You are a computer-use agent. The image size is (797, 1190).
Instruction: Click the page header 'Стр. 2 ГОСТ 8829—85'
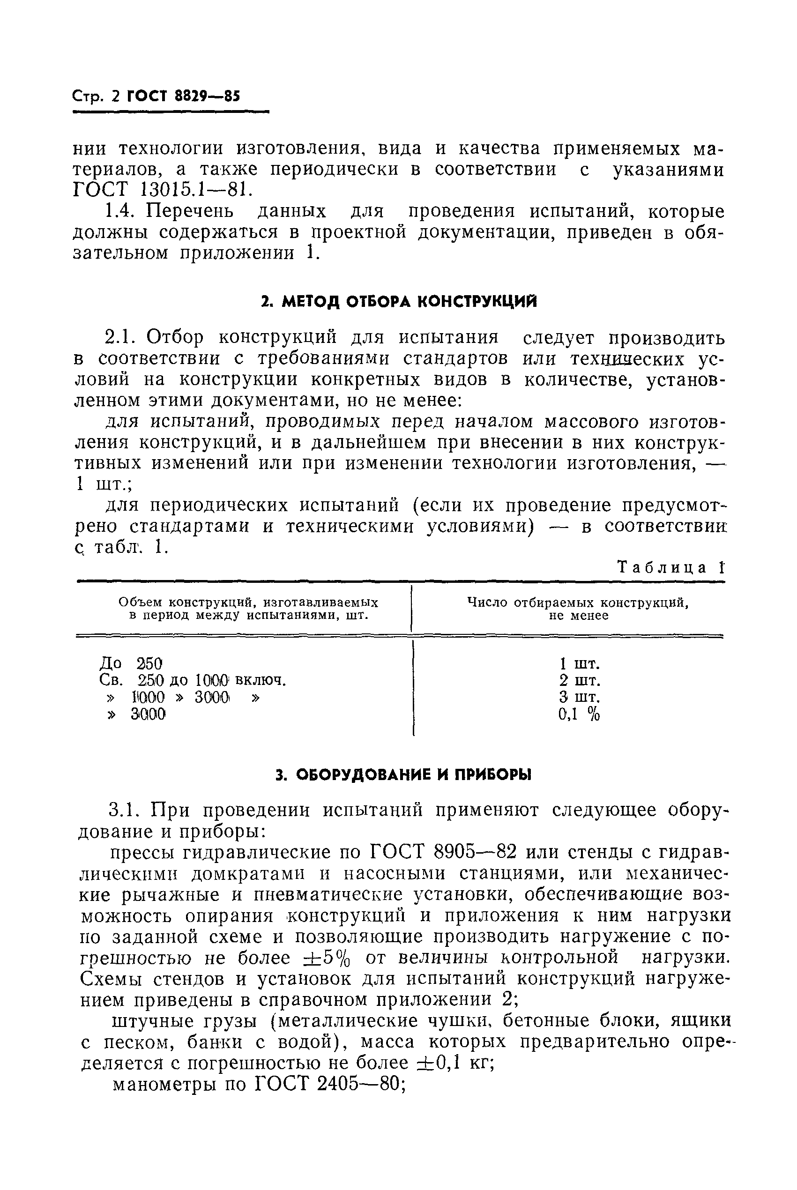156,96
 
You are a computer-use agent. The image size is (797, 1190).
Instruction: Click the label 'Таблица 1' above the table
670,567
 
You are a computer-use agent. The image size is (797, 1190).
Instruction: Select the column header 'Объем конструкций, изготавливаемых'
248,602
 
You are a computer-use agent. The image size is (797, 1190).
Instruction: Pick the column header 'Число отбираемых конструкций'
578,602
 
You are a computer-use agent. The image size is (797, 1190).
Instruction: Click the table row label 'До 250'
130,663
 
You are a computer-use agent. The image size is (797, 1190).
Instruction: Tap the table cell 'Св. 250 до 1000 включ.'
193,680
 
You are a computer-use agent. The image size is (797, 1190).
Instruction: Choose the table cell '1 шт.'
580,663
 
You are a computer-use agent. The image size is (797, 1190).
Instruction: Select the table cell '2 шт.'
580,680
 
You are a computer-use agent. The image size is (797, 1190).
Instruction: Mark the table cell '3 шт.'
580,697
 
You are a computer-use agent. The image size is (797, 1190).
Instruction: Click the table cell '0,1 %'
579,714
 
